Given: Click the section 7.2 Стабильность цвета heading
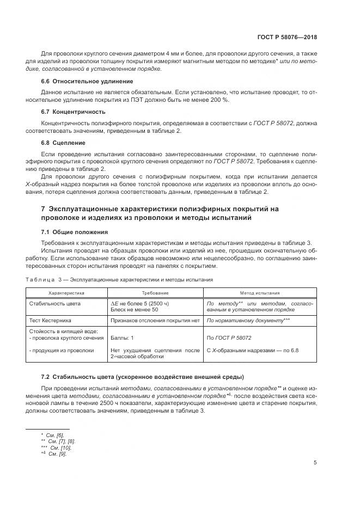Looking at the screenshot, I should pyautogui.click(x=143, y=377).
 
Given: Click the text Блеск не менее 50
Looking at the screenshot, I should pyautogui.click(x=133, y=309).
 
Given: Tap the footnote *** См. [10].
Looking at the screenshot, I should pyautogui.click(x=57, y=447).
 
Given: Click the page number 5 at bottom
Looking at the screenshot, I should pyautogui.click(x=315, y=463).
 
